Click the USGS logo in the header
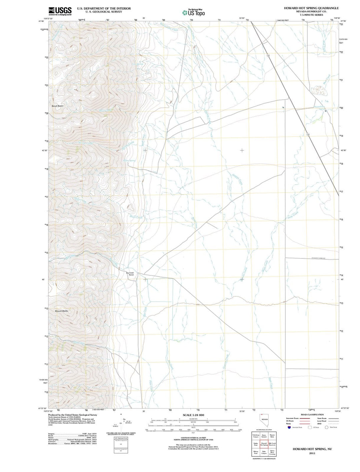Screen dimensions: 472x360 (60, 11)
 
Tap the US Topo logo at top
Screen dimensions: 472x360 (193, 13)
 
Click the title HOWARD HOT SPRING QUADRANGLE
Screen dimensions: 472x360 (311, 8)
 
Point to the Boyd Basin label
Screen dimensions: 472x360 (57, 106)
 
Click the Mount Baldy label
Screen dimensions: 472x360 (62, 311)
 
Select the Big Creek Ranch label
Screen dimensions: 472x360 (130, 274)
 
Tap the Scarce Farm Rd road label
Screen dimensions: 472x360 (320, 258)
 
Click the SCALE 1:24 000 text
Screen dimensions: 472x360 (193, 415)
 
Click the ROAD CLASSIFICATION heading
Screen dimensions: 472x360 (312, 415)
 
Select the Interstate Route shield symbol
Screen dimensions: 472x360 (289, 427)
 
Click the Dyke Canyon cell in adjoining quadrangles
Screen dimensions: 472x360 (264, 453)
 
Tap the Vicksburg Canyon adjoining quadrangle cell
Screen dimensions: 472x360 (256, 436)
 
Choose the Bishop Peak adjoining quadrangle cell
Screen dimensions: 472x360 (256, 453)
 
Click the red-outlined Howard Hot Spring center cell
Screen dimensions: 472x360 (264, 444)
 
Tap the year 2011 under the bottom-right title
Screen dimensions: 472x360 (312, 453)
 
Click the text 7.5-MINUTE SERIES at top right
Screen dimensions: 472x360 (311, 15)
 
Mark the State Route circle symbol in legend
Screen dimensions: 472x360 (327, 427)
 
